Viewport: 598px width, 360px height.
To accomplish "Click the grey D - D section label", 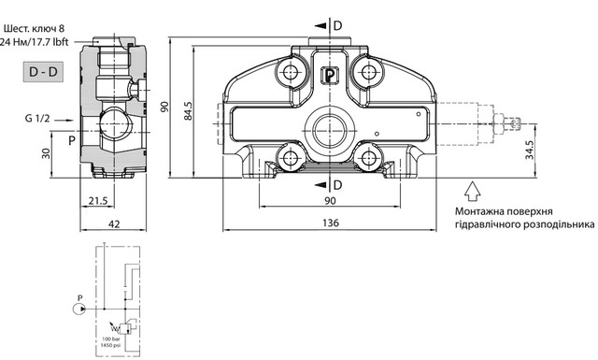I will coord(42,71).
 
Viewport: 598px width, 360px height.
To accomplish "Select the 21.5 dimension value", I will coord(98,202).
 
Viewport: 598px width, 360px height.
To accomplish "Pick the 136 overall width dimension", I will coord(331,223).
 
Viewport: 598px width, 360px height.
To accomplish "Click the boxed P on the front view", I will coord(330,77).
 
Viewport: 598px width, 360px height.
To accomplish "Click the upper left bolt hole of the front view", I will coord(288,68).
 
